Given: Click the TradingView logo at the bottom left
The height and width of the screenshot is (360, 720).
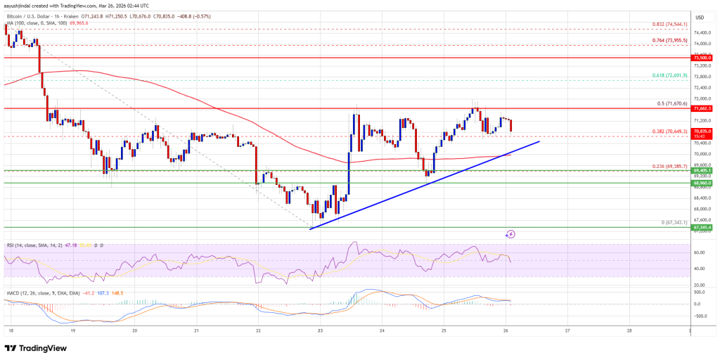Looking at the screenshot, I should (x=41, y=347).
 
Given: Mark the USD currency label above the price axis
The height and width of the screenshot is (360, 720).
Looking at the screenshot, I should (x=699, y=18).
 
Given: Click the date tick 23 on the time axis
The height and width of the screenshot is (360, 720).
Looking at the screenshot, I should (x=320, y=329).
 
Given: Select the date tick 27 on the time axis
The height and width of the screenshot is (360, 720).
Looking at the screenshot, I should (x=567, y=329).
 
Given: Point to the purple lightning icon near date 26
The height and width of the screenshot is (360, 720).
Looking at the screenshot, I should (x=511, y=233).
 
